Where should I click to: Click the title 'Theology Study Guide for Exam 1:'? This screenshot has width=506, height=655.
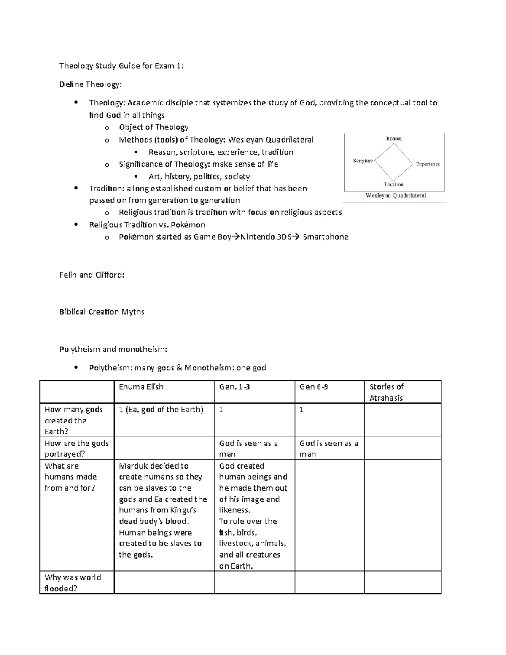(121, 66)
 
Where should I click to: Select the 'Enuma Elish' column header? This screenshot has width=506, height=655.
(141, 387)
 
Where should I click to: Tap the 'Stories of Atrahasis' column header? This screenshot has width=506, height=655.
(386, 392)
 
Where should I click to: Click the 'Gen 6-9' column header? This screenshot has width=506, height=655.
(313, 387)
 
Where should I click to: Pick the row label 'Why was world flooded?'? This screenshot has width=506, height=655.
(73, 583)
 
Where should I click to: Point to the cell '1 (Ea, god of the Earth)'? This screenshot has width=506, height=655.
(161, 410)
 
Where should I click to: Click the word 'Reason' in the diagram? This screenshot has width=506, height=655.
(394, 139)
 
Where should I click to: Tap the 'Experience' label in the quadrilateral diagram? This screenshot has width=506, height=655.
(428, 164)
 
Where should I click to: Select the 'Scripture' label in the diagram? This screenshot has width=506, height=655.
(363, 161)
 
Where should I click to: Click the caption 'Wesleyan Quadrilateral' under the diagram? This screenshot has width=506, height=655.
(396, 196)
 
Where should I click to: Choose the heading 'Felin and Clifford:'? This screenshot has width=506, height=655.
(92, 275)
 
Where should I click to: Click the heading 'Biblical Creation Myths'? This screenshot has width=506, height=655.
(102, 312)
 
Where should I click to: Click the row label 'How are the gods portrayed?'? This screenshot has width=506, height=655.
(76, 449)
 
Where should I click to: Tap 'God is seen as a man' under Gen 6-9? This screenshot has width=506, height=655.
(328, 449)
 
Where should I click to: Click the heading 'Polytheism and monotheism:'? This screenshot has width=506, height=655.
(113, 349)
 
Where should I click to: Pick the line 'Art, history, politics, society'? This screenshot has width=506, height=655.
(199, 177)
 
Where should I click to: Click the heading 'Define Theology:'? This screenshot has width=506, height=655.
(90, 84)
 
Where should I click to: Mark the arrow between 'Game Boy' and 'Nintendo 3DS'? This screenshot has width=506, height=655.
(236, 237)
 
